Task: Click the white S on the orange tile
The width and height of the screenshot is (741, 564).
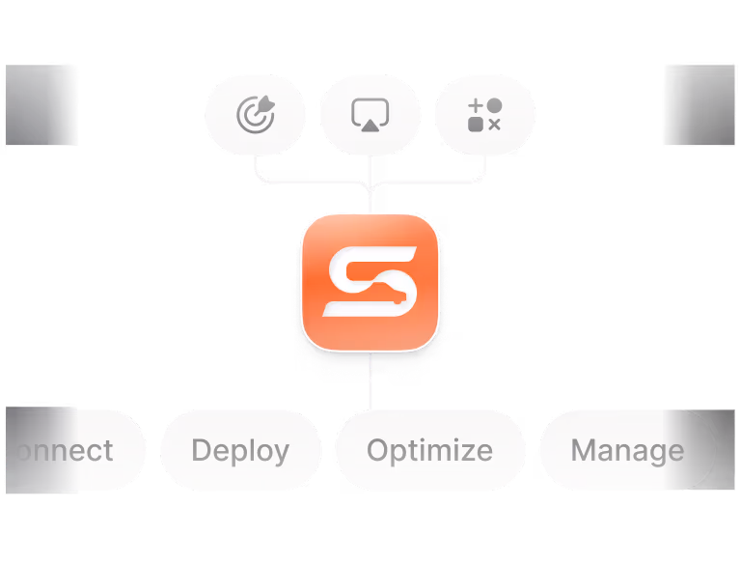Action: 370,281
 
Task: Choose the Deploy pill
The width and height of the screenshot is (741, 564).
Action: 240,450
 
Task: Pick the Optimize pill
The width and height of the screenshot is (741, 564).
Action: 429,450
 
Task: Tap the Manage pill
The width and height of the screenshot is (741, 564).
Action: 626,450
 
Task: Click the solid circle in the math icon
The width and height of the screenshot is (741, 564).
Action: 494,104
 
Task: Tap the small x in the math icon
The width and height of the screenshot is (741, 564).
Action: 494,125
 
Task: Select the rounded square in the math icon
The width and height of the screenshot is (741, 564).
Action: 475,125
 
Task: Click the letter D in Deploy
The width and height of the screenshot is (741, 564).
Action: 201,450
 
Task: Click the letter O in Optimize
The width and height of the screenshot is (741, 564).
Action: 377,450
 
